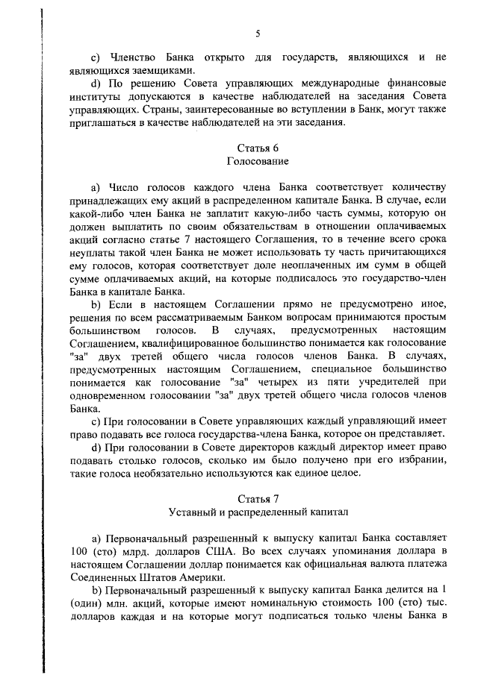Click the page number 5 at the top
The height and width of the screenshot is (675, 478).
pos(258,34)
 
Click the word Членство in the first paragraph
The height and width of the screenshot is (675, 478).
pos(135,57)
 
